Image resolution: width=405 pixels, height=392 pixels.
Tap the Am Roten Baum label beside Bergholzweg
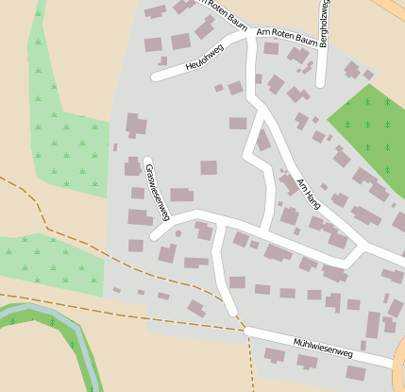coord(286,40)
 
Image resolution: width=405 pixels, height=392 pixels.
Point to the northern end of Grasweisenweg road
coord(147,161)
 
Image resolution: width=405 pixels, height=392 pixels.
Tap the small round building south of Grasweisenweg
coord(177,233)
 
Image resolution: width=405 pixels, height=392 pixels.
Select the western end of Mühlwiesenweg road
coord(247,331)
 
